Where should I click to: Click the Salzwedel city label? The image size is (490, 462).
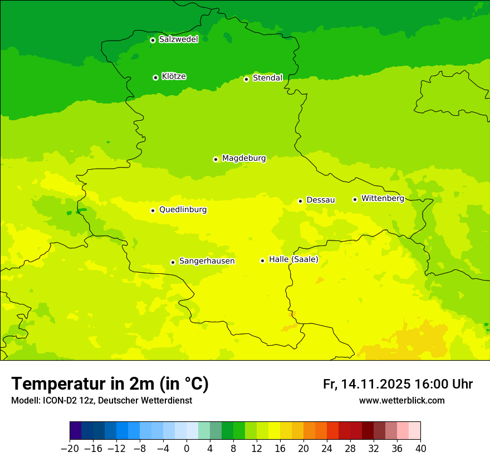click(x=178, y=40)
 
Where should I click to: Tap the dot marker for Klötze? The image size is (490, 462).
click(x=155, y=77)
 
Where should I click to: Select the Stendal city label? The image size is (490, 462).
click(x=267, y=78)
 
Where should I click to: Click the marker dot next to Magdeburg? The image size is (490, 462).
click(x=215, y=159)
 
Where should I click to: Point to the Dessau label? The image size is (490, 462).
click(x=321, y=200)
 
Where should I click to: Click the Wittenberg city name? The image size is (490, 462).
click(x=383, y=198)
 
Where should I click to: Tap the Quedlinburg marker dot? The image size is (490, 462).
click(x=153, y=210)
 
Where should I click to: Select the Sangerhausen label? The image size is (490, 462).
click(x=207, y=261)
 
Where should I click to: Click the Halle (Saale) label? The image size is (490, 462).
click(x=293, y=259)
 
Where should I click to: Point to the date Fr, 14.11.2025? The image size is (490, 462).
click(x=366, y=384)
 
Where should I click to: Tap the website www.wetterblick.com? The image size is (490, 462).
click(x=402, y=400)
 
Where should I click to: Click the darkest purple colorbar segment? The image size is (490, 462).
click(x=75, y=431)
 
